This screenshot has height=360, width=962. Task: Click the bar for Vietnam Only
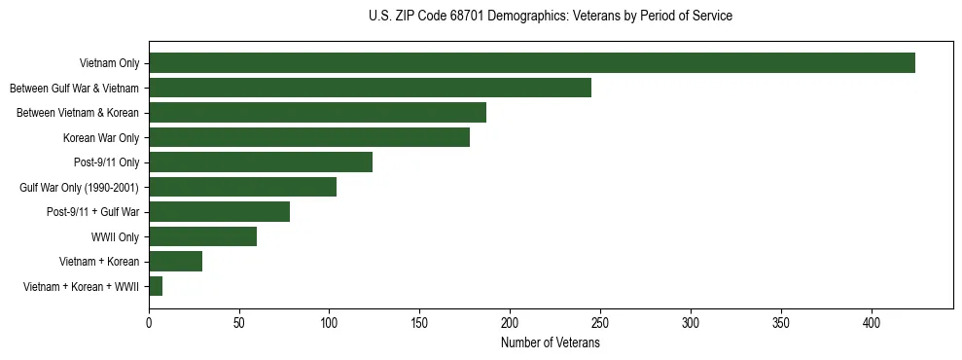(x=532, y=63)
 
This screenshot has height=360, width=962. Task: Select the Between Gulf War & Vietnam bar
(x=370, y=88)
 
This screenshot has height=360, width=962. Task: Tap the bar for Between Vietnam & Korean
(x=317, y=113)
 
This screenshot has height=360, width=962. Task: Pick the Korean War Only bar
(x=309, y=137)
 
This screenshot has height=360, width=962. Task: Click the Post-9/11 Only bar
(x=261, y=162)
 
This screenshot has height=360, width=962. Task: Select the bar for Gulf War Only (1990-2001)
(x=242, y=187)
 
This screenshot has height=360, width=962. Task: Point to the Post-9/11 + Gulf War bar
(x=219, y=212)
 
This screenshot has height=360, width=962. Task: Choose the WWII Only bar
(x=202, y=236)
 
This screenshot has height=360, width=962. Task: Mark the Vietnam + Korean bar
(x=175, y=262)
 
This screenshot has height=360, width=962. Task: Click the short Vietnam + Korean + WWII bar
(x=156, y=286)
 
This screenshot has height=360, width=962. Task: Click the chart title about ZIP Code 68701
(x=551, y=17)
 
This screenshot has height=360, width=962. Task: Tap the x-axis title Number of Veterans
(x=551, y=343)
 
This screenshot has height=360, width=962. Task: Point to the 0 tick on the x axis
(x=149, y=323)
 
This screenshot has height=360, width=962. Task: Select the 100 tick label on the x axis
(x=330, y=323)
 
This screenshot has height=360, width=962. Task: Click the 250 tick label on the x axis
(x=600, y=323)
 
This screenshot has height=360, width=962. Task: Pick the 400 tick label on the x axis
(x=872, y=323)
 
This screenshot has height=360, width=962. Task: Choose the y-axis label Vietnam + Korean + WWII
(x=81, y=287)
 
